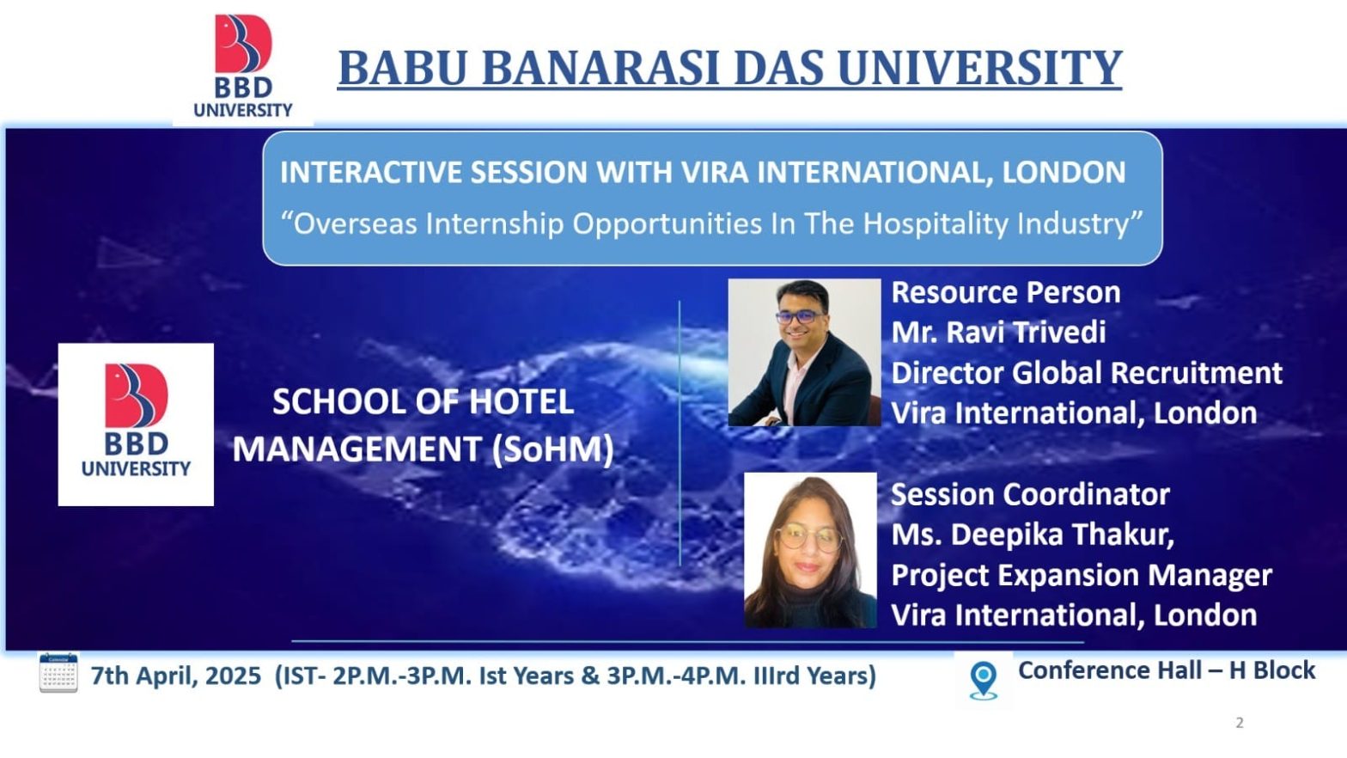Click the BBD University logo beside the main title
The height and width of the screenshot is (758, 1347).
pyautogui.click(x=243, y=66)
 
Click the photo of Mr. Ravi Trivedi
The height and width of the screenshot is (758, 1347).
pyautogui.click(x=804, y=352)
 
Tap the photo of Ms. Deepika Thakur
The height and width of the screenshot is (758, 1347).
pyautogui.click(x=810, y=550)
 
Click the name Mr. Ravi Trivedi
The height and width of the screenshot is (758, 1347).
pyautogui.click(x=998, y=332)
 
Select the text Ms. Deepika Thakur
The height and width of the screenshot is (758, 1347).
pyautogui.click(x=1033, y=535)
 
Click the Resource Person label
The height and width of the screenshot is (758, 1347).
pyautogui.click(x=1005, y=293)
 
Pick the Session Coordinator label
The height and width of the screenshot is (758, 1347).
pyautogui.click(x=1030, y=494)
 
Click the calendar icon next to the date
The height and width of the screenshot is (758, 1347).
pyautogui.click(x=58, y=673)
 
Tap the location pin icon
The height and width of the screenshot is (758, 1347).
pyautogui.click(x=984, y=681)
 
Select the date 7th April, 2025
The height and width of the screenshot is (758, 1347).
pyautogui.click(x=176, y=675)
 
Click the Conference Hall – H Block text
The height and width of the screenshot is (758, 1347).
pyautogui.click(x=1167, y=670)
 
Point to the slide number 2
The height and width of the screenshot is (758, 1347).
pyautogui.click(x=1240, y=723)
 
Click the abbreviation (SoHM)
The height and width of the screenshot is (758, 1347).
pyautogui.click(x=552, y=449)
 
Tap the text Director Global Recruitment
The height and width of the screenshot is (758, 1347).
pyautogui.click(x=1087, y=373)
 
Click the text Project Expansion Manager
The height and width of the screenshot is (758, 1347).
pyautogui.click(x=1082, y=575)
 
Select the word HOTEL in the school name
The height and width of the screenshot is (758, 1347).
pyautogui.click(x=521, y=402)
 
